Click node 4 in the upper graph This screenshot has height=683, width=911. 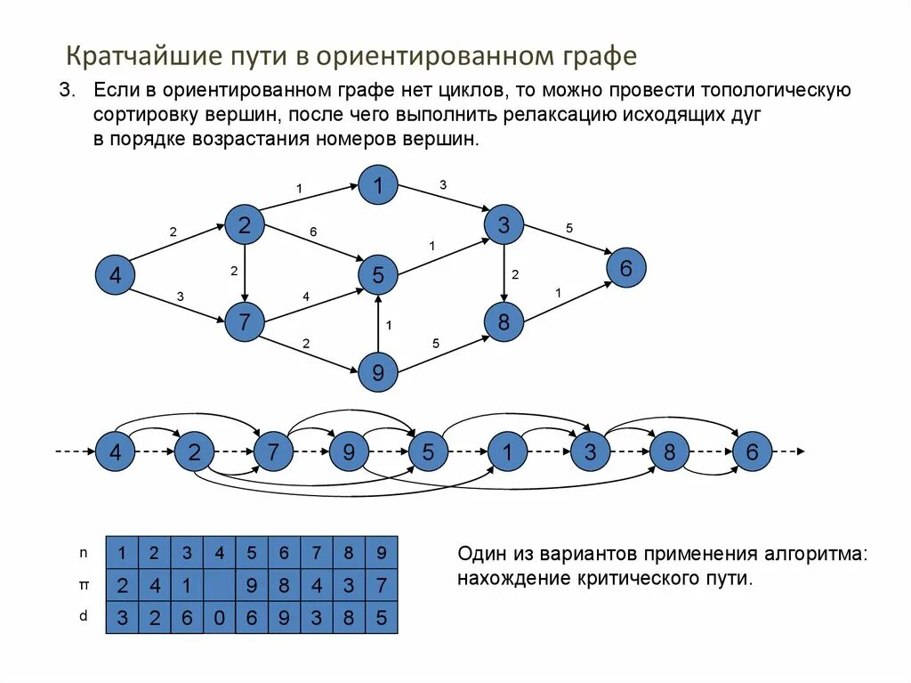point(115,276)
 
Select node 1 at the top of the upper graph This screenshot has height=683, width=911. point(378,185)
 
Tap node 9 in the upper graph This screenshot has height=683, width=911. point(378,373)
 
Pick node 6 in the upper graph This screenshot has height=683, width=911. point(625,268)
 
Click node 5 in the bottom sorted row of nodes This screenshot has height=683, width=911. point(429,452)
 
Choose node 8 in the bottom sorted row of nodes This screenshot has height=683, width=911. point(669,452)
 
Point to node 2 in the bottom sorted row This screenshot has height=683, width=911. point(193,452)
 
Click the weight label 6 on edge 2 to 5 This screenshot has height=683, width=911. point(313,232)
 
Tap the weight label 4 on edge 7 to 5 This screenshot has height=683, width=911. point(306,297)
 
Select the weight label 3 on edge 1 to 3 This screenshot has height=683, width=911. point(443,184)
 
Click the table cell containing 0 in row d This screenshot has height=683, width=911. point(219,617)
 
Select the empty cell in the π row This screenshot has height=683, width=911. point(219,585)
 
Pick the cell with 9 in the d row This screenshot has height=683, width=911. point(284,617)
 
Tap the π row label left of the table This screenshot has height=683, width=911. point(84,584)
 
